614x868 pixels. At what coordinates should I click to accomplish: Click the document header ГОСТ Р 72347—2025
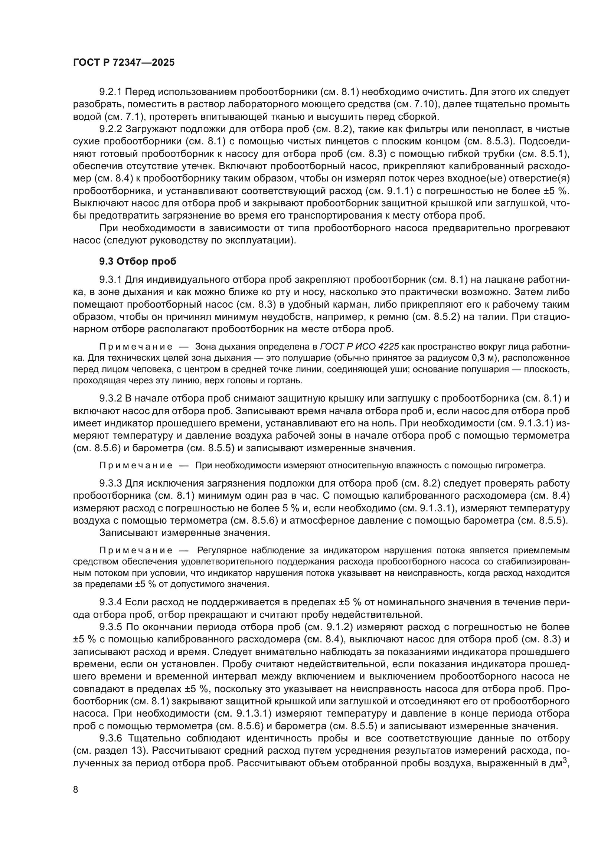(x=124, y=63)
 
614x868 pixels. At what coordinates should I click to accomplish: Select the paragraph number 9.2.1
(x=110, y=92)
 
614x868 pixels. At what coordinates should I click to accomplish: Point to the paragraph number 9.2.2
(x=110, y=129)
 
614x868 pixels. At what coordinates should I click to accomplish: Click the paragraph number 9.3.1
(x=110, y=280)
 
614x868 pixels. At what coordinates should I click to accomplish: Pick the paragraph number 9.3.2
(x=110, y=399)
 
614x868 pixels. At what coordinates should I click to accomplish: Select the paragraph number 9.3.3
(x=110, y=484)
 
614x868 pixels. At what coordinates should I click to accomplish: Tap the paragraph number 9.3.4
(x=110, y=602)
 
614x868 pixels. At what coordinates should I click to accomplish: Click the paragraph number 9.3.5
(x=110, y=627)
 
